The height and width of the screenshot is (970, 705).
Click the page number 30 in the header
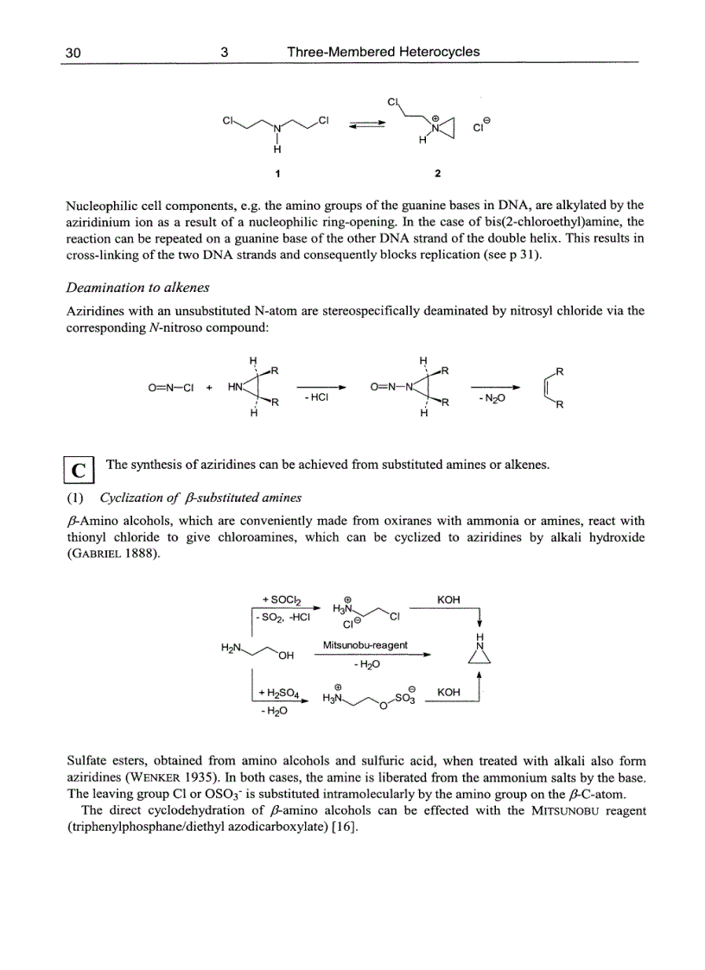coord(73,52)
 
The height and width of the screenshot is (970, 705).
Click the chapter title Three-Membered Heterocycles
coord(383,52)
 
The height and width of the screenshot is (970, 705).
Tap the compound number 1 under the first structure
coord(277,173)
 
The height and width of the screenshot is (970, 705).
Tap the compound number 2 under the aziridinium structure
coord(437,173)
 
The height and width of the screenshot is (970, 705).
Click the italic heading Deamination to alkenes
coord(138,288)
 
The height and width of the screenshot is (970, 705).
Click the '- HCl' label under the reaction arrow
coord(315,398)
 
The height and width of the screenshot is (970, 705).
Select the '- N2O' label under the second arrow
coord(495,398)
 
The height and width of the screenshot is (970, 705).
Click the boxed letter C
coord(79,471)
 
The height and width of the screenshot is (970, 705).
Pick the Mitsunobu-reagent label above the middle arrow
coord(365,645)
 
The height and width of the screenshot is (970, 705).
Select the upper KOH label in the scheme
coord(448,599)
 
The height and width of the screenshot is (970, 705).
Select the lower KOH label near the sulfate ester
coord(448,693)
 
